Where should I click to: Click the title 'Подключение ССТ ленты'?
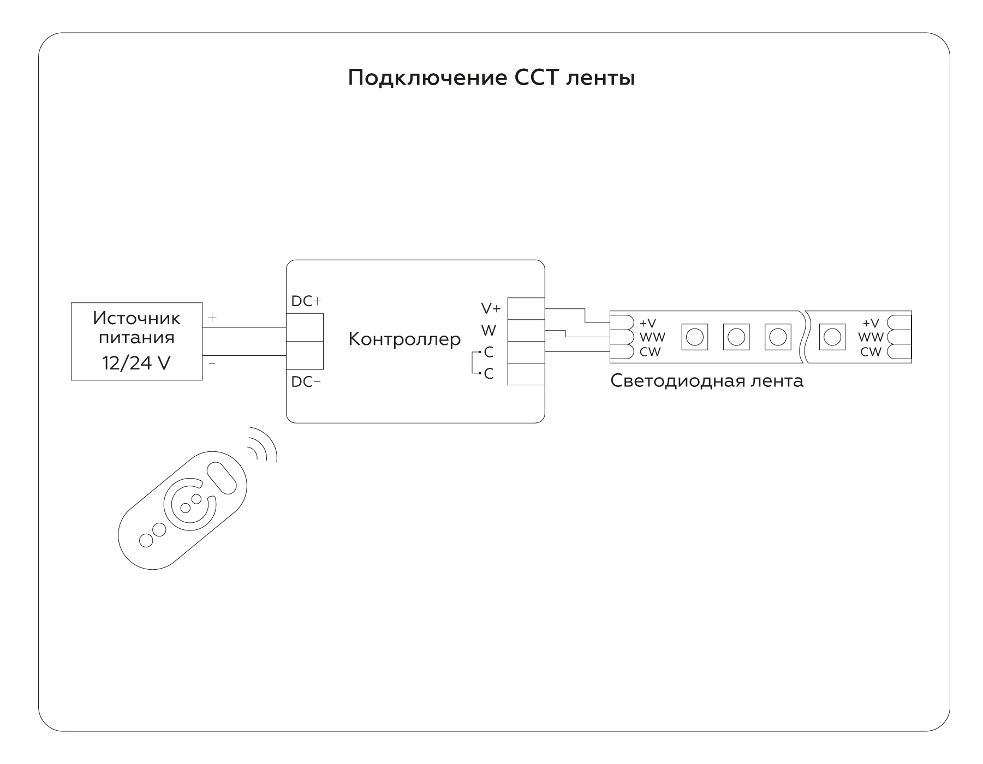(491, 79)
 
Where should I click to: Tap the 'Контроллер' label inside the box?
(404, 339)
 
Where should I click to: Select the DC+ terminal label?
(306, 301)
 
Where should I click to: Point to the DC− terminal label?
(306, 382)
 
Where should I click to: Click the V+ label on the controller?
(491, 308)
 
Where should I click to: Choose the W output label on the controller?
(488, 331)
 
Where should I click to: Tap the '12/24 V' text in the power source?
(136, 363)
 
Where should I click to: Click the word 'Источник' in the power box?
(136, 318)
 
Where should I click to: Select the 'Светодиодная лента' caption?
(707, 381)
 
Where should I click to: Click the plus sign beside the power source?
(212, 317)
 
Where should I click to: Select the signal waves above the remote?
(263, 444)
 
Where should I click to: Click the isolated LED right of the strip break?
(832, 337)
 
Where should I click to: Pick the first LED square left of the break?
(777, 337)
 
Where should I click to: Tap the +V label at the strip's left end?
(648, 323)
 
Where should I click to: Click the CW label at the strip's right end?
(871, 352)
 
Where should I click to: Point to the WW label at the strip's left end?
(652, 337)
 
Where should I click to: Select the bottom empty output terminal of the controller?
(526, 374)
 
